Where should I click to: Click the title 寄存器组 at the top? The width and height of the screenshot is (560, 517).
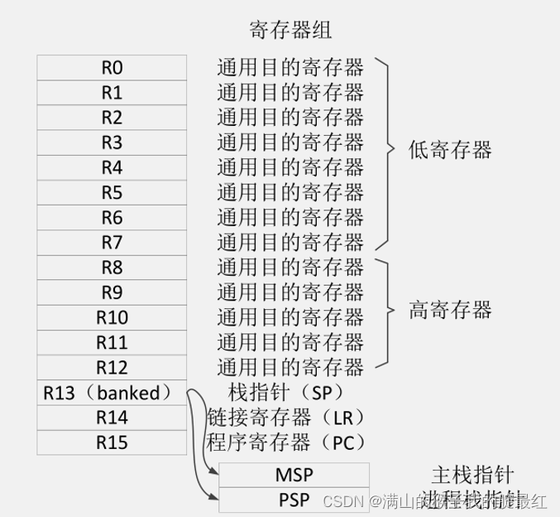pos(290,31)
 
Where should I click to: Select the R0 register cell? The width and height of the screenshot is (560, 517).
pos(112,67)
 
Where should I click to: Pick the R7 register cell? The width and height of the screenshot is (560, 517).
pos(112,243)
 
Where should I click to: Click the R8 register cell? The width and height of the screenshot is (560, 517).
pos(112,268)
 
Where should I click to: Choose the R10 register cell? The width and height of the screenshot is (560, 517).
pos(112,317)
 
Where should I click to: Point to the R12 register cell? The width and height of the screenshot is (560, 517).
pos(112,367)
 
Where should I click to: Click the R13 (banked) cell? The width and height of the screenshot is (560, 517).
pos(112,393)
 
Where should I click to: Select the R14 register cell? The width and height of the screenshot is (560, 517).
pos(112,418)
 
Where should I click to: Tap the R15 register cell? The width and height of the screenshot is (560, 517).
pos(112,442)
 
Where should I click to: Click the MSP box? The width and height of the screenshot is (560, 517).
pos(294,476)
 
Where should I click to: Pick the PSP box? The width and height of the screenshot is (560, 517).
pos(294,500)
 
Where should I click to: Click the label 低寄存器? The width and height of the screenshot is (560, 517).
pos(450,150)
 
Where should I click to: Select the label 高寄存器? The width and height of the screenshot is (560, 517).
pos(450,311)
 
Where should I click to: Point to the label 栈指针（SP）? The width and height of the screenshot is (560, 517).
pos(285,392)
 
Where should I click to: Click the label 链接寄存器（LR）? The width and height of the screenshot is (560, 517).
pos(285,417)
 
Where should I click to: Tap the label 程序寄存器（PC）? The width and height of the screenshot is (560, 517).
pos(285,442)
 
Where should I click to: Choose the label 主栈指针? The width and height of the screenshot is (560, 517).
pos(472,475)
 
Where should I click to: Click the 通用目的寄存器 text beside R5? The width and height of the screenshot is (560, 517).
pos(290,193)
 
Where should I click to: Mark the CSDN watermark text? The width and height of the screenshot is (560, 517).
pos(338,500)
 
